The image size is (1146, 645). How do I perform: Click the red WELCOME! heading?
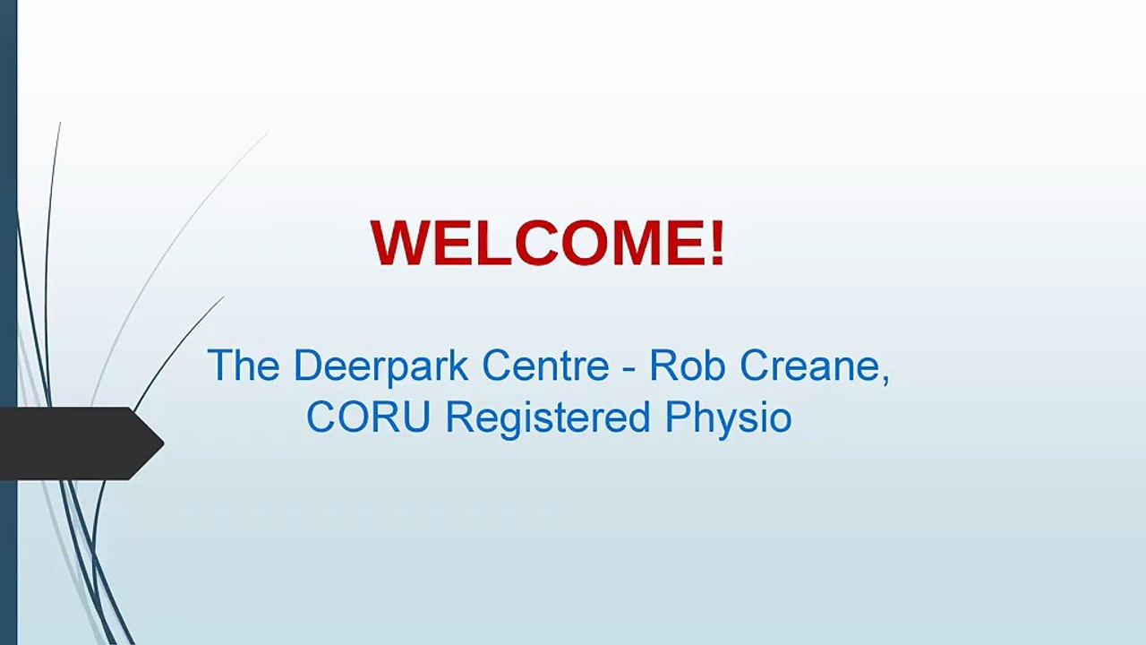(547, 243)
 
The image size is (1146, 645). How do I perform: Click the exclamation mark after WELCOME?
(716, 243)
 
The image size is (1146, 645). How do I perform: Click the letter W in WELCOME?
(402, 243)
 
